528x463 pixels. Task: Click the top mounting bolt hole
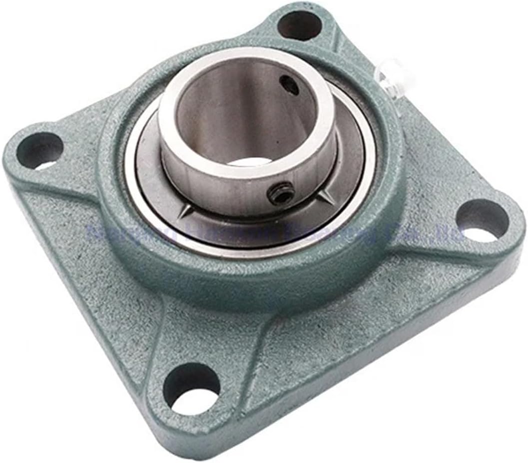point(299,25)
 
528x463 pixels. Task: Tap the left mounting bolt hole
point(39,150)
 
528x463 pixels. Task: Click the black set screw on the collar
point(281,192)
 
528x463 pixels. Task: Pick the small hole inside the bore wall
point(290,84)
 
